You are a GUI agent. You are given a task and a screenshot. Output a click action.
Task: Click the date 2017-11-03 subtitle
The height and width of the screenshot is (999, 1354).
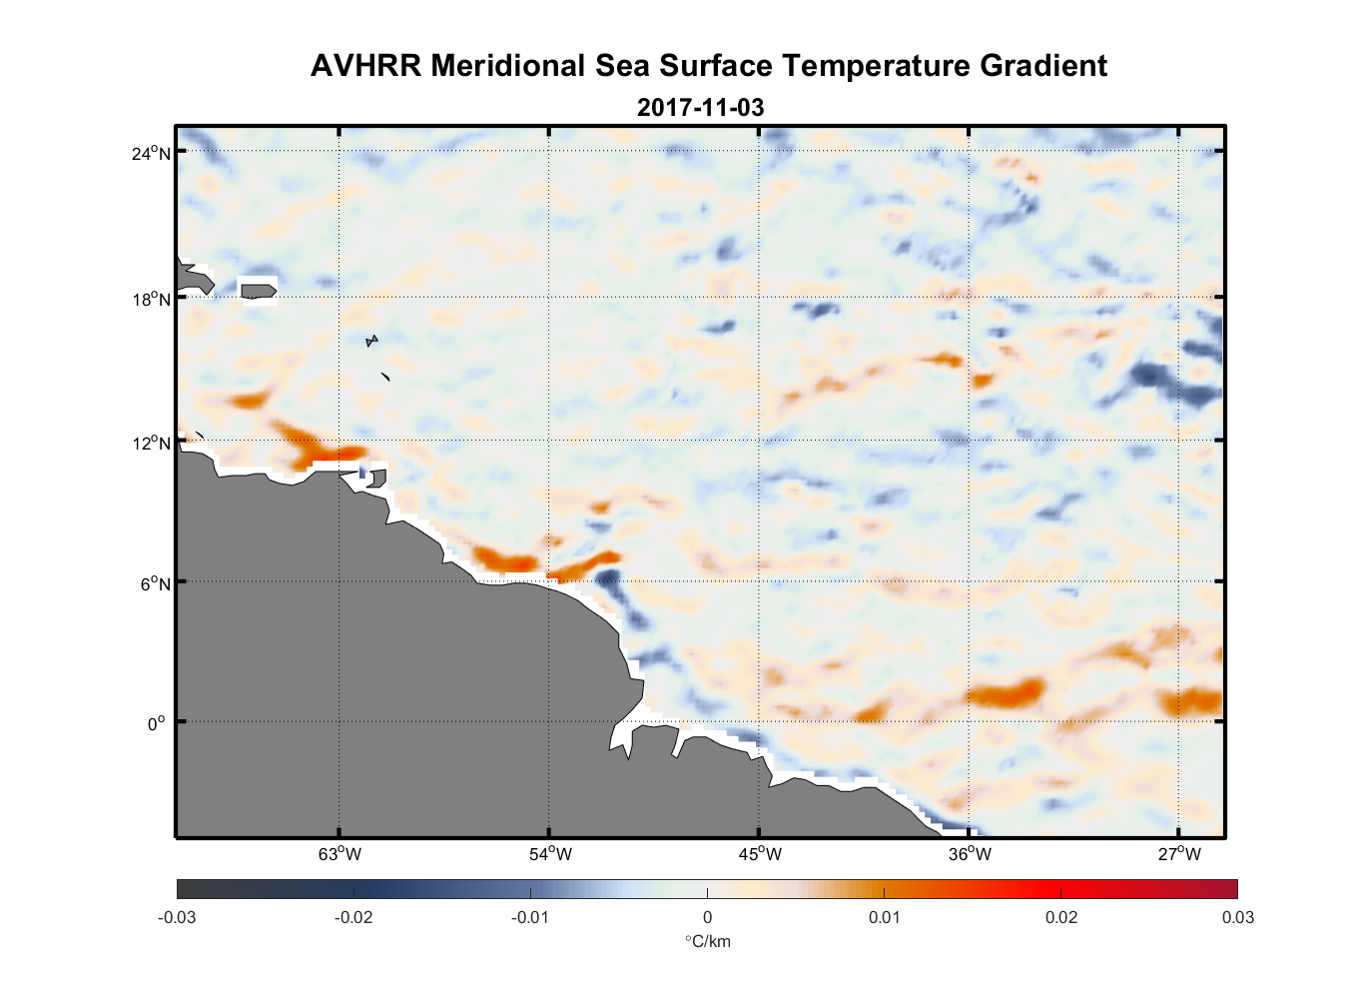point(700,107)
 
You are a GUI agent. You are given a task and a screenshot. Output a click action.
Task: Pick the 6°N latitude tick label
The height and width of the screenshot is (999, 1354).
point(156,583)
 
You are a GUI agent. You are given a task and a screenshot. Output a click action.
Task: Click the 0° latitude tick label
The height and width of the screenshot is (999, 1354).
point(157,723)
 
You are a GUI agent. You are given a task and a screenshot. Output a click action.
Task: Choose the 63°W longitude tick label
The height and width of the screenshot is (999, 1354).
point(339,853)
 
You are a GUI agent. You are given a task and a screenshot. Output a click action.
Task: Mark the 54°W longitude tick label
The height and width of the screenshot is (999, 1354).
point(550,853)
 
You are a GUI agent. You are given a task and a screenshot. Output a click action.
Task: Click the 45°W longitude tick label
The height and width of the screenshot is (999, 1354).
point(760,853)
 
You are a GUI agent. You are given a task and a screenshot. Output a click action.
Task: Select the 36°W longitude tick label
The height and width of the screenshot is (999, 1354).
point(970,853)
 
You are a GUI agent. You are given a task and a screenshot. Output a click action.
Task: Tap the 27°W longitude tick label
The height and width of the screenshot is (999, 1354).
point(1179,853)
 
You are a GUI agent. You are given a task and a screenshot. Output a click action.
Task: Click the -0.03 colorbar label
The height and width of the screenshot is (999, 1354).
point(177,917)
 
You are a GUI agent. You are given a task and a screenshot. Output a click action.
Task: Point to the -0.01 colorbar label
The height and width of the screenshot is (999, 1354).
point(529,917)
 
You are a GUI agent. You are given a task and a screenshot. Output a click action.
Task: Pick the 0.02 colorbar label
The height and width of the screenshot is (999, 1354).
point(1061,917)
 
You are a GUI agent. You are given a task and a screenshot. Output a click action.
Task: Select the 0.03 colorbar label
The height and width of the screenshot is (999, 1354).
point(1237,917)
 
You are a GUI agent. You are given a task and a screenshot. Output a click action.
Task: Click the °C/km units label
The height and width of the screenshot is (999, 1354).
point(707,941)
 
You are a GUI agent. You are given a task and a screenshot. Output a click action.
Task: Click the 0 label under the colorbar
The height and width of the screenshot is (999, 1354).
point(707,917)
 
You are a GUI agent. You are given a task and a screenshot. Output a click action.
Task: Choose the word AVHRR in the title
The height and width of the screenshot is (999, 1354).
point(366,66)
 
